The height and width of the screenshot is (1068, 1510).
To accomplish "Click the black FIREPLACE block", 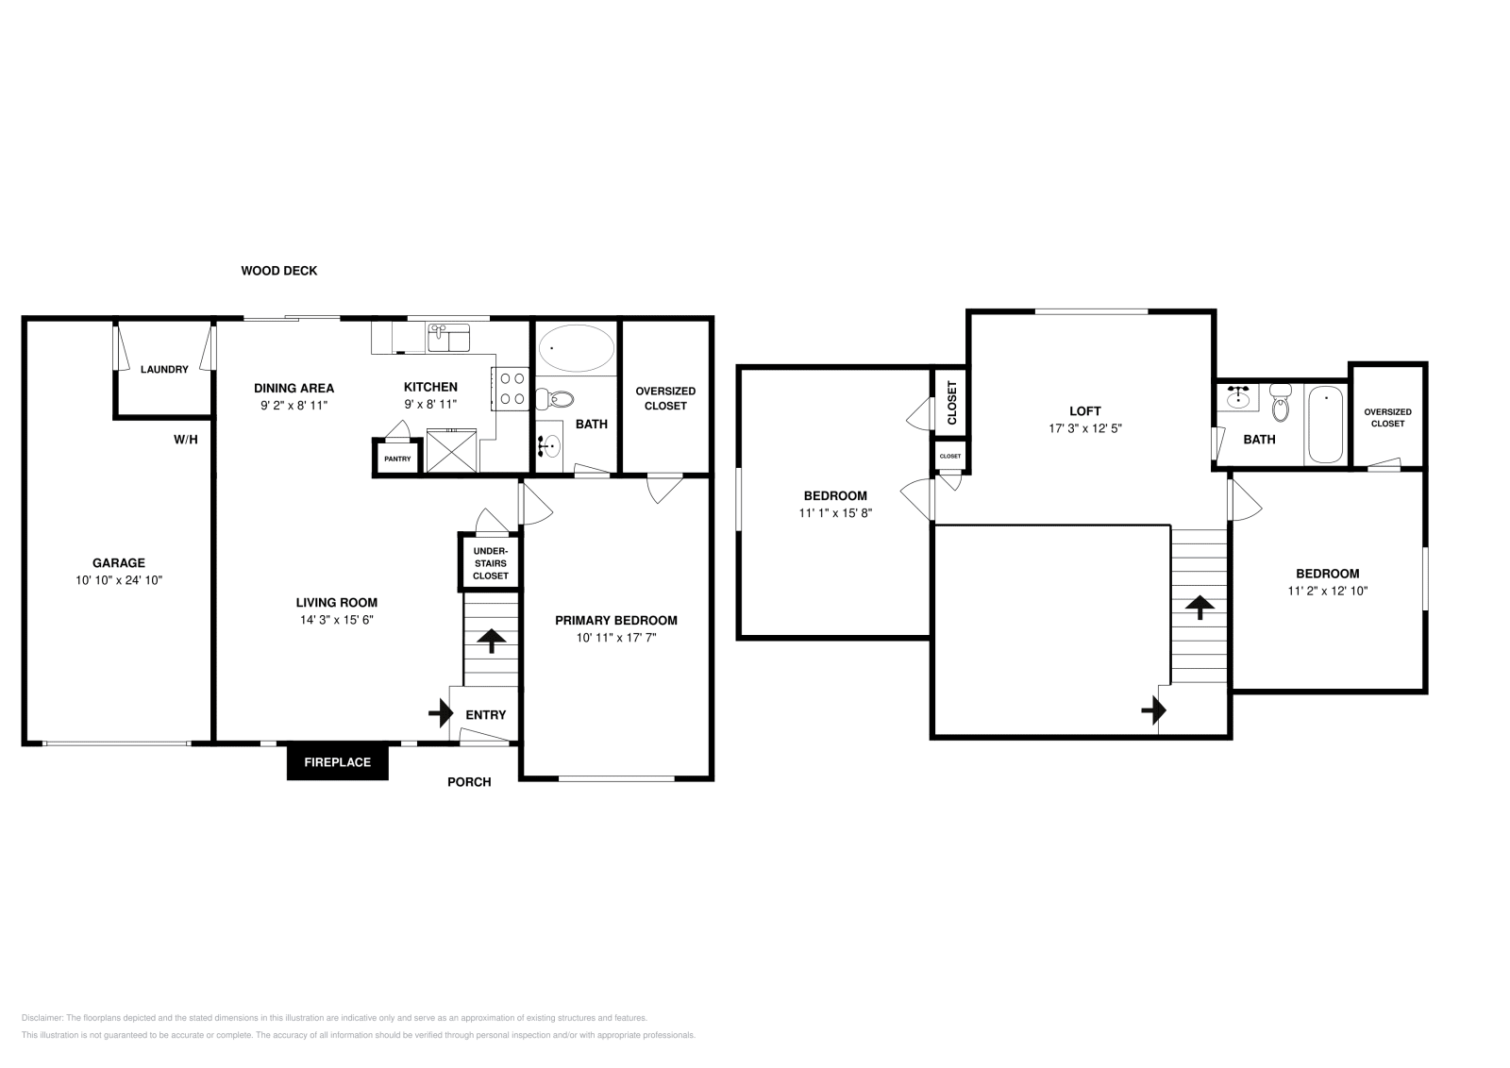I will (x=337, y=762).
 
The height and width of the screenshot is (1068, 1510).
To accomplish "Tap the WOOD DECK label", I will (x=278, y=271).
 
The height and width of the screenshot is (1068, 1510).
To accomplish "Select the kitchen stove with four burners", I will (x=512, y=389).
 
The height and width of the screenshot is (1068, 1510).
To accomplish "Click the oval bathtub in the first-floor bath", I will (x=576, y=349).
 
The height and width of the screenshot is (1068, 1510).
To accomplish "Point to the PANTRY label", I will (x=396, y=459).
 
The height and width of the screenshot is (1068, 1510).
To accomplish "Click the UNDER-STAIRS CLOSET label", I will (x=490, y=563).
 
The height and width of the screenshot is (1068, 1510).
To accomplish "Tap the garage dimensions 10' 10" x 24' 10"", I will (x=118, y=580).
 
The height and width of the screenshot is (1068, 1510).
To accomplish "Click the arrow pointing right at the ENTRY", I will (x=440, y=713).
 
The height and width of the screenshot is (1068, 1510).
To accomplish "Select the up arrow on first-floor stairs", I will (x=491, y=642).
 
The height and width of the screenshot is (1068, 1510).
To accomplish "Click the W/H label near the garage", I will (x=185, y=440).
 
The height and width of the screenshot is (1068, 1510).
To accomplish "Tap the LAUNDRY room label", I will (x=164, y=370).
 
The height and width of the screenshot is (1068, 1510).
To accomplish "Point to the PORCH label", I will (x=469, y=781).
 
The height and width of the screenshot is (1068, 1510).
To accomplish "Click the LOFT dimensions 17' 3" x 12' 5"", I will (x=1084, y=427).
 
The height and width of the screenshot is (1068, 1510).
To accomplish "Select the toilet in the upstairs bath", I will (x=1280, y=403).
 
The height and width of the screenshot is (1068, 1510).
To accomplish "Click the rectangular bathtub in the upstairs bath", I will (x=1325, y=425).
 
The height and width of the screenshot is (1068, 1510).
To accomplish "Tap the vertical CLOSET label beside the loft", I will (x=950, y=403).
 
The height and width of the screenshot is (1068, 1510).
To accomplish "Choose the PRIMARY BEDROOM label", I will (x=615, y=620).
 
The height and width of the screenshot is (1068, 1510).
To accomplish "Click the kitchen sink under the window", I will (x=448, y=336).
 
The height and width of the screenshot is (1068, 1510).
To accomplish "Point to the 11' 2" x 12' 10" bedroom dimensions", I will (x=1327, y=591).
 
